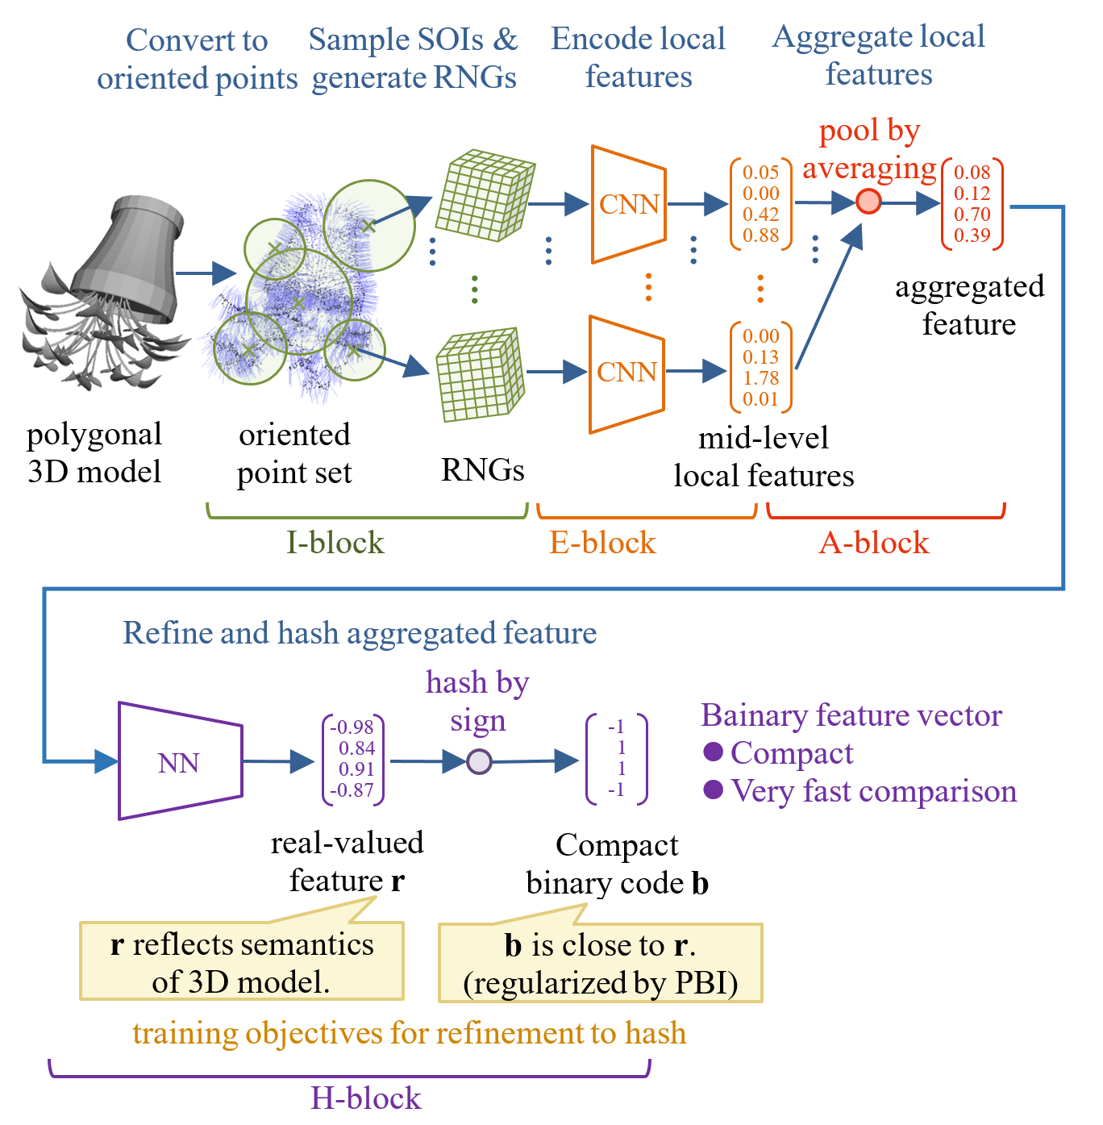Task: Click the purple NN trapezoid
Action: tap(180, 761)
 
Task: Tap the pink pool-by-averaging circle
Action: tap(868, 201)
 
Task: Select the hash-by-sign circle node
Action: tap(479, 761)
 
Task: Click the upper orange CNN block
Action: tap(629, 205)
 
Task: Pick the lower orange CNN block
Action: tap(626, 373)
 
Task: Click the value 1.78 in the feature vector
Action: tap(760, 378)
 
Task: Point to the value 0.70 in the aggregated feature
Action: tap(972, 215)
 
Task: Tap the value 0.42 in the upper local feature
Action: tap(760, 215)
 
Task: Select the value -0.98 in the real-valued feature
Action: tap(352, 727)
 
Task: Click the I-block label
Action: tap(335, 543)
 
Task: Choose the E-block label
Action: tap(602, 543)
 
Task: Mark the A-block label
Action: tap(874, 543)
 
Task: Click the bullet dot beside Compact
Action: tap(713, 752)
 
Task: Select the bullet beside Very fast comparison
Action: tap(713, 790)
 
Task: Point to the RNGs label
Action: tap(482, 469)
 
